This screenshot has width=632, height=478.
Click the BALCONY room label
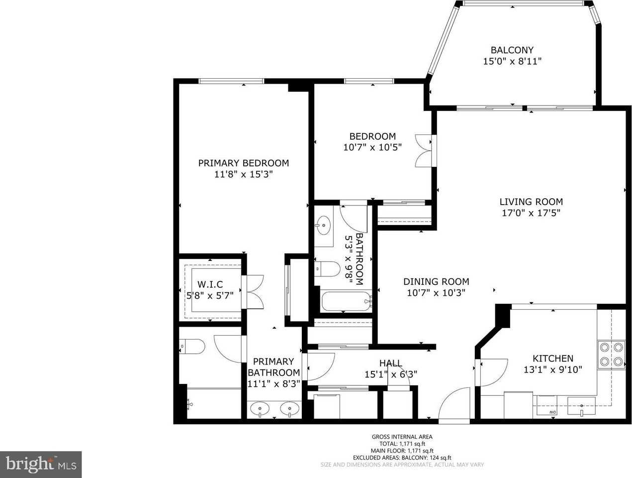[512, 50]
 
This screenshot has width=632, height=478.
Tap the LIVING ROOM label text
[531, 202]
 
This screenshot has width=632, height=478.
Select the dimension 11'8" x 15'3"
[243, 174]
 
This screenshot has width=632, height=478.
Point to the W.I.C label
[210, 284]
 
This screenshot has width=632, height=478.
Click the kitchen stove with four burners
[611, 355]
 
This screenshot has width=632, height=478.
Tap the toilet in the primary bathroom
[192, 346]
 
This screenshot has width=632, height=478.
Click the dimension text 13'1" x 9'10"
[553, 369]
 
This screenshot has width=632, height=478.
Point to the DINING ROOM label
[436, 281]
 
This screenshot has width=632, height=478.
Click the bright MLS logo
[41, 465]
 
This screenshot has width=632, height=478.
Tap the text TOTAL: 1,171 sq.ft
[402, 444]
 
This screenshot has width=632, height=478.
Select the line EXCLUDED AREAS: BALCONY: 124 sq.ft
[402, 458]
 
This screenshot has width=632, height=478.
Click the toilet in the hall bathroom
[327, 269]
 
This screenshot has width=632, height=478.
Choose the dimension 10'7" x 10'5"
[372, 147]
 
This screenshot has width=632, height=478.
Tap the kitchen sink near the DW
[581, 406]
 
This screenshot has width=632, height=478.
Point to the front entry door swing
[454, 405]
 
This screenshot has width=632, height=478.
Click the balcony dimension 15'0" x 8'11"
[512, 61]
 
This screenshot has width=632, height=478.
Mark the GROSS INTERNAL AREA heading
[402, 437]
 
